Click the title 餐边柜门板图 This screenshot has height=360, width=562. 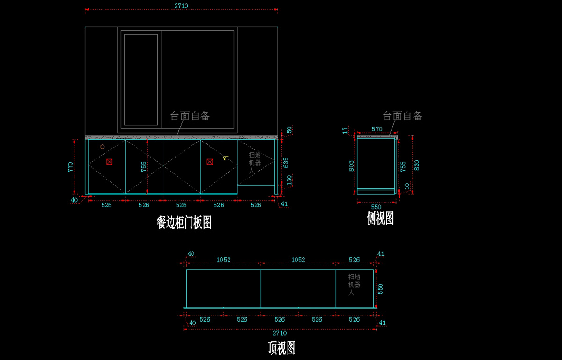click(x=184, y=222)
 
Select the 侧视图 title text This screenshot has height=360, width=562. click(x=380, y=218)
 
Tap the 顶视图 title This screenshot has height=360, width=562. click(x=281, y=347)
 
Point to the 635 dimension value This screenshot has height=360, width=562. click(x=286, y=163)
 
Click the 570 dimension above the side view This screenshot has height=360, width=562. click(x=377, y=129)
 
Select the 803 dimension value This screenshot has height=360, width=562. click(x=352, y=165)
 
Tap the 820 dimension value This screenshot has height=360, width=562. click(x=417, y=165)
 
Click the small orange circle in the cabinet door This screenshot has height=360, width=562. click(x=103, y=147)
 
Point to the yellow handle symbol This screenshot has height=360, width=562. click(x=225, y=158)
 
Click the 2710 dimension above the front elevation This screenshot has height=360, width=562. click(x=181, y=6)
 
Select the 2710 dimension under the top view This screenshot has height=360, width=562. click(x=280, y=333)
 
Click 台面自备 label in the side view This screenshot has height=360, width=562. click(x=402, y=116)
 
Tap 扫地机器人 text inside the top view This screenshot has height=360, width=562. click(x=354, y=285)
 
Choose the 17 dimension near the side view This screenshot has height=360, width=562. click(x=345, y=130)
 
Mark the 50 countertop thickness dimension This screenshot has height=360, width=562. click(x=289, y=130)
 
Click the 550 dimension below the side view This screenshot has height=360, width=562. click(x=377, y=206)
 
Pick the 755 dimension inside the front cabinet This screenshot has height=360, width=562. click(x=144, y=166)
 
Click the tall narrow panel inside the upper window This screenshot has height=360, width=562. click(x=141, y=80)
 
